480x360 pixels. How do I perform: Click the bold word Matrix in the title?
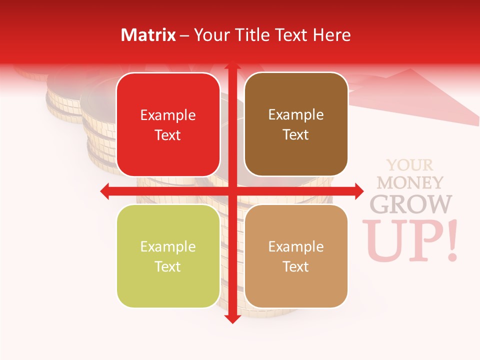[148, 35]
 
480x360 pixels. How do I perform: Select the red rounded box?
[168, 124]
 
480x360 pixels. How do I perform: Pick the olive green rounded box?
[168, 256]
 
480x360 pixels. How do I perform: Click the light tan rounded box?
[296, 256]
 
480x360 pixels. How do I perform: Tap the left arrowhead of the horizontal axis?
[105, 191]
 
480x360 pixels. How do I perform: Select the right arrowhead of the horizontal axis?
[359, 191]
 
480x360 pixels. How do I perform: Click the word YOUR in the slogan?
[410, 165]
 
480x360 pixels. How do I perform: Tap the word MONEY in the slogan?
[410, 182]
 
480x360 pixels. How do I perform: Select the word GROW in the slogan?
[410, 203]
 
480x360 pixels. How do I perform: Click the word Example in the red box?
[168, 115]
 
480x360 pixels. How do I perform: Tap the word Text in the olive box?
[168, 266]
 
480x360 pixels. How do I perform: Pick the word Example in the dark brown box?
[296, 114]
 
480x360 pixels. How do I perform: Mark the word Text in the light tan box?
[296, 266]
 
